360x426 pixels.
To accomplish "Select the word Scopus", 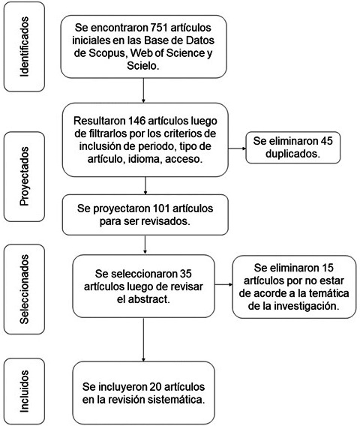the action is [106, 53].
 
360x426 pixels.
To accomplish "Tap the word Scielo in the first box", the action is [142, 66].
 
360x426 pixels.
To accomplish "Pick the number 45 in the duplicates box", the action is [326, 141].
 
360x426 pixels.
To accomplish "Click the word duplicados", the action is [292, 154].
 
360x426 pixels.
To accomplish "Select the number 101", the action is [163, 208].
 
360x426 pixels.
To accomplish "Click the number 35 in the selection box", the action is [185, 274].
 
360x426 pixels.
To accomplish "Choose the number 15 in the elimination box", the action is [327, 268].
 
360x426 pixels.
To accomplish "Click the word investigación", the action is [307, 306].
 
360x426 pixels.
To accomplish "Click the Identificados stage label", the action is [24, 46].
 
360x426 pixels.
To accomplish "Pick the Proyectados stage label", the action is [24, 176].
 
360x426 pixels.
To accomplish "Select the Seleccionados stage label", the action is [24, 289].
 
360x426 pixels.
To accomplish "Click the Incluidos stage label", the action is [24, 391].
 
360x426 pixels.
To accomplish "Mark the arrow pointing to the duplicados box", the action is [237, 148].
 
